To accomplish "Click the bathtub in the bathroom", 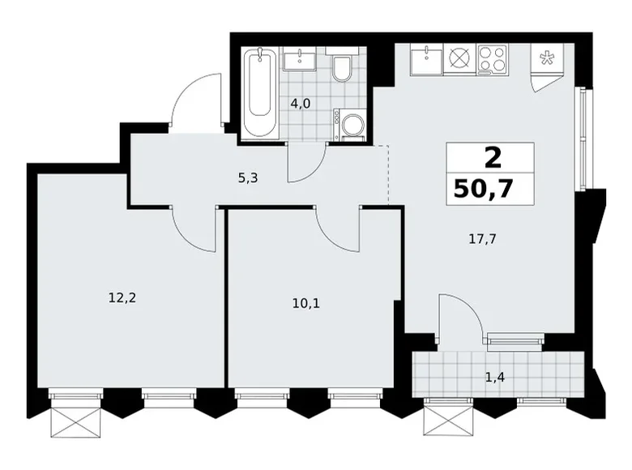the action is (259, 93).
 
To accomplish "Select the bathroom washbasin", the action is (300, 59).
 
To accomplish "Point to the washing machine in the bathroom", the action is (349, 125).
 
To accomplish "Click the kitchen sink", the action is (426, 59).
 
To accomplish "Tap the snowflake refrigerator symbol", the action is (547, 59).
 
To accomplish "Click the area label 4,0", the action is (301, 104).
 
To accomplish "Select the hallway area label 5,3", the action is (247, 177).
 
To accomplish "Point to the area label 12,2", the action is (122, 298).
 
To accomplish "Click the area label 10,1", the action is (306, 303).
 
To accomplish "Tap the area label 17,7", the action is (482, 239).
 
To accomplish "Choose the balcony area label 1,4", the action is (495, 378).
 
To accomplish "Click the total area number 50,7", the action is (483, 189).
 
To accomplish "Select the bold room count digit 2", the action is (493, 157).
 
